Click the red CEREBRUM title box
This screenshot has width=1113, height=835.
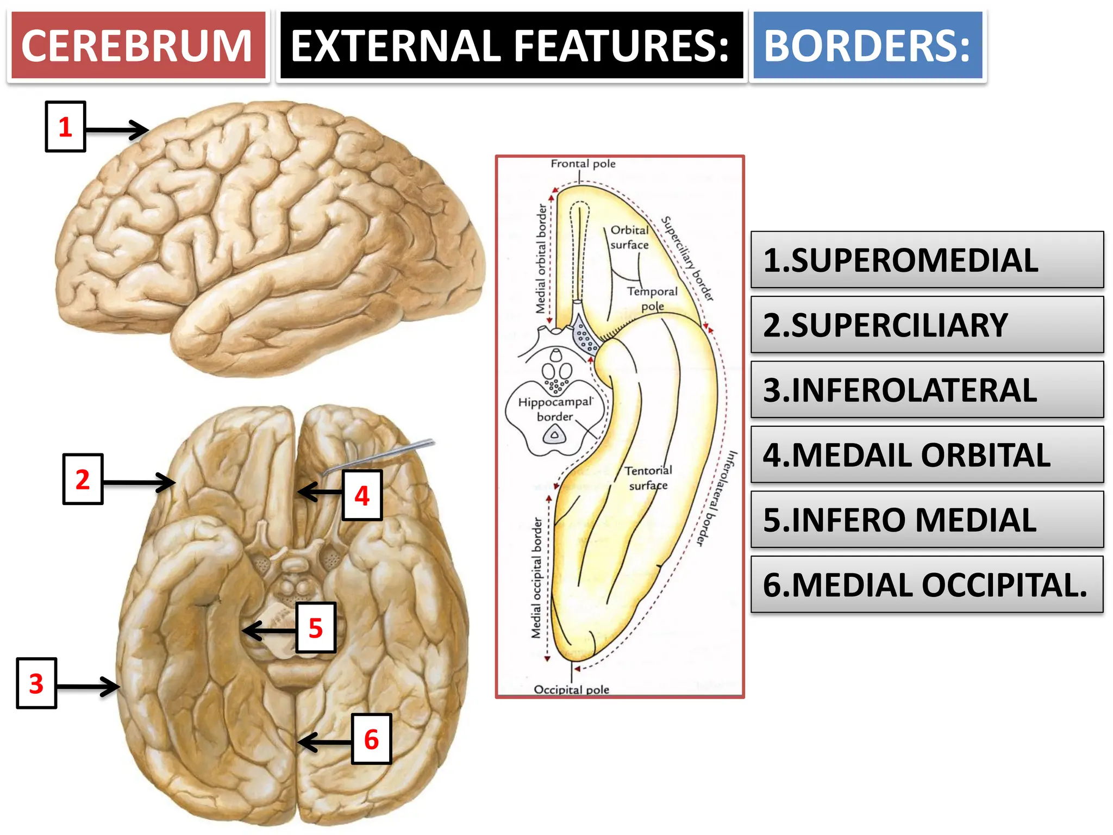tap(138, 46)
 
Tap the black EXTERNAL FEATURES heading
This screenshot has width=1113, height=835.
tap(510, 46)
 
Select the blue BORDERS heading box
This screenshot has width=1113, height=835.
tap(867, 46)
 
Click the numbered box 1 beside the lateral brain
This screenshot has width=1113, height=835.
tap(65, 127)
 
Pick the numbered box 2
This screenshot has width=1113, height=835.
tap(83, 479)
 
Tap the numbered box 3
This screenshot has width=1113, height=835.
tap(36, 683)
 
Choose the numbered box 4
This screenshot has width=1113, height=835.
tap(362, 495)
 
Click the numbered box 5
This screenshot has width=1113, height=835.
tap(316, 627)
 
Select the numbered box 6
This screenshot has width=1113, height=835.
tap(371, 739)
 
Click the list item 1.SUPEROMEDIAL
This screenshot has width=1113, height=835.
tap(927, 260)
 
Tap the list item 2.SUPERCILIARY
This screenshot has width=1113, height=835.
tap(927, 325)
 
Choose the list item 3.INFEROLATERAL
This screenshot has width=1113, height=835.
tap(927, 390)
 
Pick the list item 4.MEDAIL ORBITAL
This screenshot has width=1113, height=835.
tap(927, 454)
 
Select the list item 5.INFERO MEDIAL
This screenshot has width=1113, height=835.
tap(927, 520)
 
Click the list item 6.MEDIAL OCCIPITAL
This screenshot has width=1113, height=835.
tap(927, 584)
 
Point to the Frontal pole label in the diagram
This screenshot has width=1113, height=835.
tap(583, 164)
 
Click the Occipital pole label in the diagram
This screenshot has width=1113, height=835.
tap(571, 689)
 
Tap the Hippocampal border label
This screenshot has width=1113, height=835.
tap(555, 409)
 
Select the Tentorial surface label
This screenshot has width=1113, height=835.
tap(648, 477)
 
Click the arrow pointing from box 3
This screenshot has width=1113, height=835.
tap(88, 687)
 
